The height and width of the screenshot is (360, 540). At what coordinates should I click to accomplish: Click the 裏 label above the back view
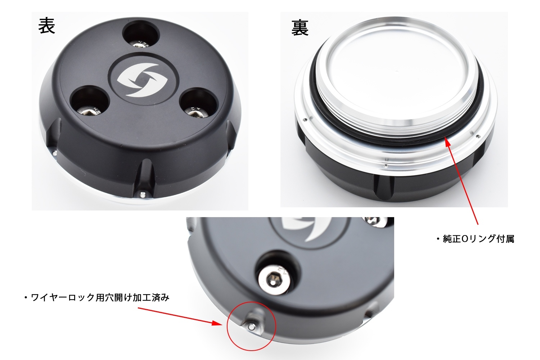[300, 28]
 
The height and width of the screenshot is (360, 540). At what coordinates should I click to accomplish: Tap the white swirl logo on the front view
[142, 80]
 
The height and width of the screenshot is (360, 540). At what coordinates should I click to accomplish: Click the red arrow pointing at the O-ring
[462, 181]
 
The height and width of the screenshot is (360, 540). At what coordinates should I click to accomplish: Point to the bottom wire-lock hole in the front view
[143, 194]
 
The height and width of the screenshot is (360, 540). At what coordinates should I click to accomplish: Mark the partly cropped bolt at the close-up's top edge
[375, 221]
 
